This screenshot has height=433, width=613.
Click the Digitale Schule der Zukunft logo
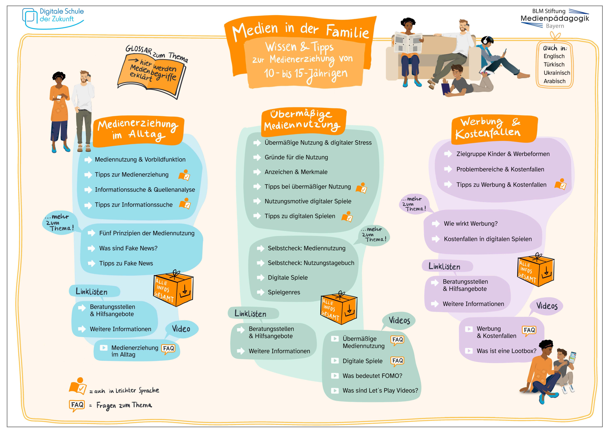[53, 18]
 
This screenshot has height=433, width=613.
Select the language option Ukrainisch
[556, 73]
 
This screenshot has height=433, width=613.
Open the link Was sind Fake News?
[128, 248]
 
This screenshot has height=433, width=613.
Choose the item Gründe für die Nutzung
[296, 157]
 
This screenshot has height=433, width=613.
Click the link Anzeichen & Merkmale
[296, 172]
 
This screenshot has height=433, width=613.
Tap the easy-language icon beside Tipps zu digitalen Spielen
[347, 217]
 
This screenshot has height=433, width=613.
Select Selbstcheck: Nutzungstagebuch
[311, 263]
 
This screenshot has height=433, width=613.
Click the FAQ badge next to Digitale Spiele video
[397, 361]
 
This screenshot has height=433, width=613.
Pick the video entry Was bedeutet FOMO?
[372, 376]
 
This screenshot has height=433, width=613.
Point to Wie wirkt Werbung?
[471, 224]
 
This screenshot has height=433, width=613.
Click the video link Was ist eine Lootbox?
[506, 351]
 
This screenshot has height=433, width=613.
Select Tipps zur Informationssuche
[133, 205]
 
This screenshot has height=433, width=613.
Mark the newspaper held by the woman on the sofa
[408, 43]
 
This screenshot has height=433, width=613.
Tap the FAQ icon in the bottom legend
[77, 405]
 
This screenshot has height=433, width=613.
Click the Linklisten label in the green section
[250, 314]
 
